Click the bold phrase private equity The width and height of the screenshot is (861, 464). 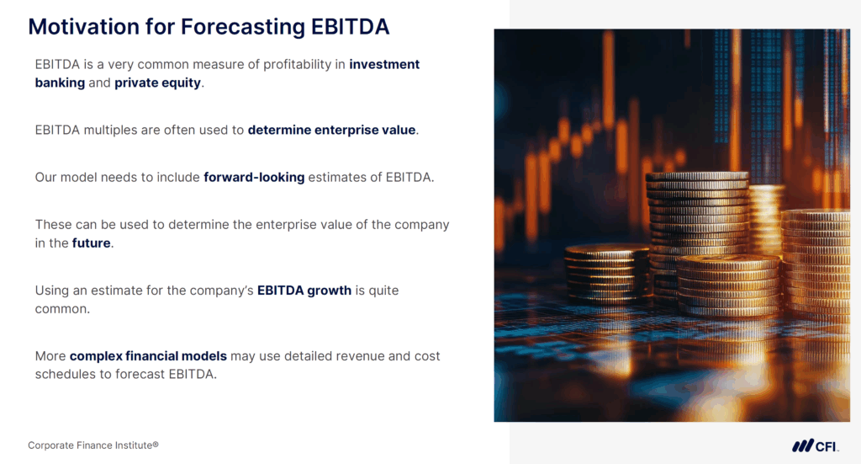158,83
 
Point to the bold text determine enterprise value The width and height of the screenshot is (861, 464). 331,130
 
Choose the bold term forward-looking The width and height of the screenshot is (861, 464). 254,177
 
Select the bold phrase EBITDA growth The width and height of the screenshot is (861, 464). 304,291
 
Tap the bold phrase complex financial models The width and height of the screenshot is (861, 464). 148,356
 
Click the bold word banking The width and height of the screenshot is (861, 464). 60,83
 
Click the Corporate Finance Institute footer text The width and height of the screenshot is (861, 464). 93,445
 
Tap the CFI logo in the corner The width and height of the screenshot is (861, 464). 814,445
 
